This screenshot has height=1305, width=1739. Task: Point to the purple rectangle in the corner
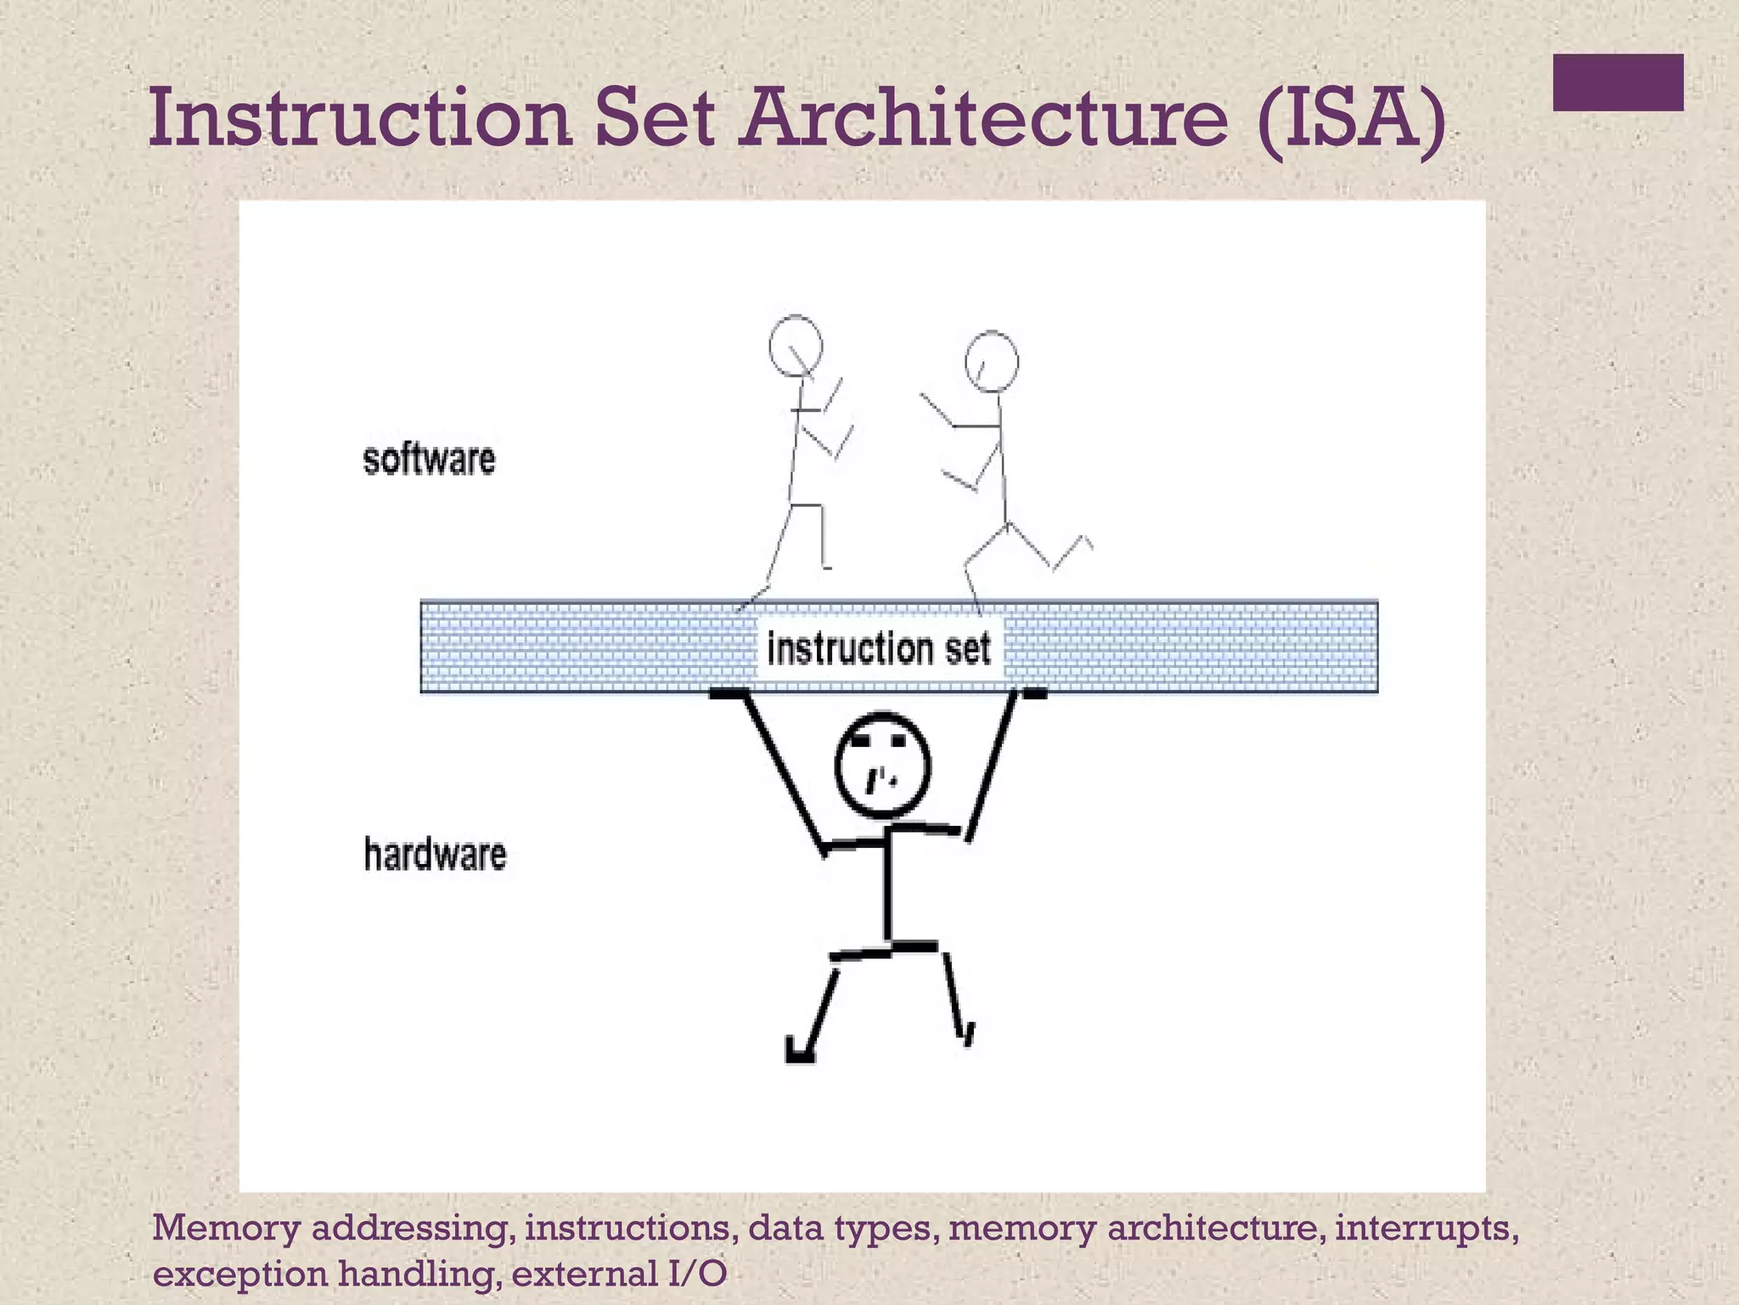1618,82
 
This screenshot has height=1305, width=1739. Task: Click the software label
429,460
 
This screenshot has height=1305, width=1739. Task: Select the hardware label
435,855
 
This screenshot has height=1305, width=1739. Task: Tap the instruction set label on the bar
879,649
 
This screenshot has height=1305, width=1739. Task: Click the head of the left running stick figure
796,346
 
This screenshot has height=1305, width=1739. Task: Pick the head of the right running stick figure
992,361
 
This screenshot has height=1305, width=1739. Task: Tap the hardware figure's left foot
800,1052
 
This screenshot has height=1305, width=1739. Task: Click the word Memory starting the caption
226,1229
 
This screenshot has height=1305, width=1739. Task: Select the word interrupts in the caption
1426,1229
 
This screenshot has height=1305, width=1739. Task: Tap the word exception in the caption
239,1274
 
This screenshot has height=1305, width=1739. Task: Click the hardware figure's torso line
887,888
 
